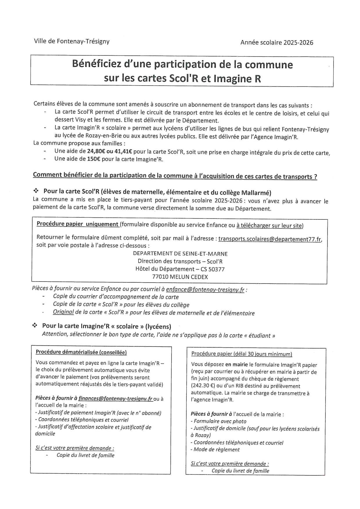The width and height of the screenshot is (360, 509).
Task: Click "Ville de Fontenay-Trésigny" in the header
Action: pyautogui.click(x=72, y=41)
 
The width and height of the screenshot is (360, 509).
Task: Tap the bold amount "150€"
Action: pyautogui.click(x=94, y=159)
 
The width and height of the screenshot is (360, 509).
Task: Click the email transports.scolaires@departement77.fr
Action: pyautogui.click(x=270, y=239)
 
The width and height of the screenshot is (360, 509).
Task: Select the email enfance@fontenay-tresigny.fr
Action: pyautogui.click(x=205, y=290)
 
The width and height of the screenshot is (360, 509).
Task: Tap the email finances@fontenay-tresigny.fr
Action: pyautogui.click(x=116, y=399)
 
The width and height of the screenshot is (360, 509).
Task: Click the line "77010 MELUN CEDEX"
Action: pyautogui.click(x=180, y=277)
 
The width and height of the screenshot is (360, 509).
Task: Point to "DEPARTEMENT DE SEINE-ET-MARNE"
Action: pyautogui.click(x=180, y=254)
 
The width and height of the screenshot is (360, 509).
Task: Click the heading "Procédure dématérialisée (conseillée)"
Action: pyautogui.click(x=81, y=352)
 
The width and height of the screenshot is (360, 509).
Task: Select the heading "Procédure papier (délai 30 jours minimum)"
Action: pyautogui.click(x=242, y=354)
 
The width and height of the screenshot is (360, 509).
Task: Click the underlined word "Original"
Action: pyautogui.click(x=63, y=312)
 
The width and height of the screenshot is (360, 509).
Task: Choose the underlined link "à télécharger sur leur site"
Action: pyautogui.click(x=270, y=225)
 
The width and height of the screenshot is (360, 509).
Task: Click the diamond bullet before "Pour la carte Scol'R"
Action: pyautogui.click(x=36, y=191)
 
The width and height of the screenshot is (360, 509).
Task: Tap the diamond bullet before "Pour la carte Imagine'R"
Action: pyautogui.click(x=35, y=326)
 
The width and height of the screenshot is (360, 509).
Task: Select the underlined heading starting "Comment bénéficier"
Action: pyautogui.click(x=175, y=176)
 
